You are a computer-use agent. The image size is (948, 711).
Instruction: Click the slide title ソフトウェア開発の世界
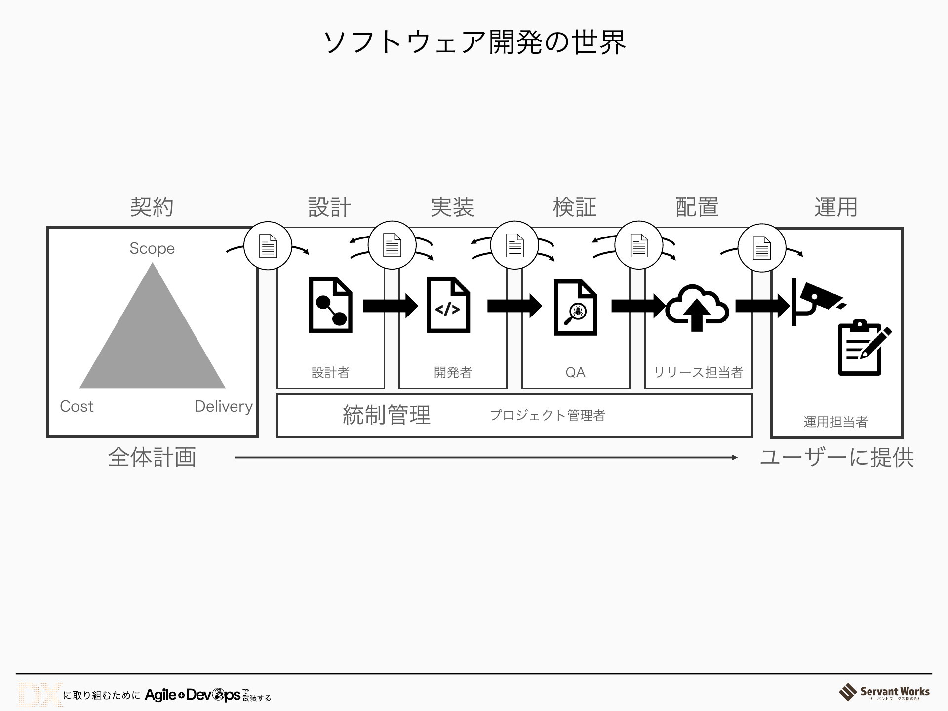point(474,42)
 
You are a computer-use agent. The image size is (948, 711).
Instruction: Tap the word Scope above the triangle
point(152,248)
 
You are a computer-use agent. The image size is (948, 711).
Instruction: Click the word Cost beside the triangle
point(77,406)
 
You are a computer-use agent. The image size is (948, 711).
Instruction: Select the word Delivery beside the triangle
point(223,406)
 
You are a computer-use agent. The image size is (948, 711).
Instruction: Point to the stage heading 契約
point(152,207)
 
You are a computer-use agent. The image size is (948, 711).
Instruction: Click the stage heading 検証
point(574,207)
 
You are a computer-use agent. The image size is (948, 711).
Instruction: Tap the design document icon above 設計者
point(330,305)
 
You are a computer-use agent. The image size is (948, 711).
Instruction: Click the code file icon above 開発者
point(448,305)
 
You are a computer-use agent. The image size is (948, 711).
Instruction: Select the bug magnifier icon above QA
point(575,307)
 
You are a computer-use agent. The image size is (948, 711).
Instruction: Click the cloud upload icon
point(697,307)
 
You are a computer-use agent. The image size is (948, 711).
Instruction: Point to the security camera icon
point(817,301)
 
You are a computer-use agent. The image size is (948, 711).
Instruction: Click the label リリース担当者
point(698,372)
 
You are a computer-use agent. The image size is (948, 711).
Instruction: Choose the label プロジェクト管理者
point(547,415)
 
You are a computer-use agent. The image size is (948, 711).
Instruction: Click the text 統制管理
point(387,415)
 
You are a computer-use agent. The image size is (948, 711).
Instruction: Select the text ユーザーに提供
point(836,458)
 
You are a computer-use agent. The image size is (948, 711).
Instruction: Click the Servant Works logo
point(884,692)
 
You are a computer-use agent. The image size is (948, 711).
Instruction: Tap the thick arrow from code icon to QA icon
point(514,306)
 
